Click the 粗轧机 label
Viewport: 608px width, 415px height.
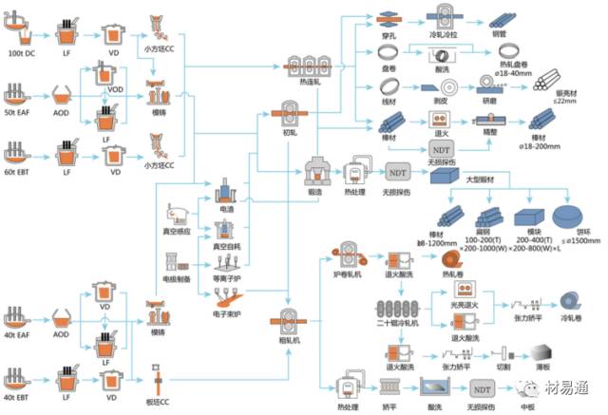[x=292, y=339]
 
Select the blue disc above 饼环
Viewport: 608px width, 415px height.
[x=565, y=215]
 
